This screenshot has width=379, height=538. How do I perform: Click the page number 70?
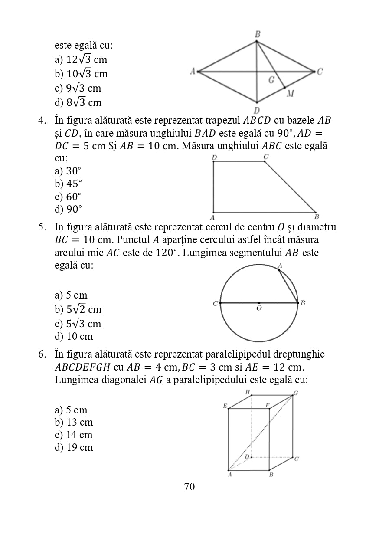[189, 487]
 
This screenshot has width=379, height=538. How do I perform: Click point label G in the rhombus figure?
[271, 80]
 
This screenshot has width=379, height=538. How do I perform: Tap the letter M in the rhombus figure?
[290, 93]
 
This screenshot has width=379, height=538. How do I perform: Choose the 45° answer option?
[68, 184]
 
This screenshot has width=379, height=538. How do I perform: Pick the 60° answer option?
[68, 197]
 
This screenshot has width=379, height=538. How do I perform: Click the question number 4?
[42, 120]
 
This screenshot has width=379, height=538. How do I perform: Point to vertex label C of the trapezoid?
[266, 156]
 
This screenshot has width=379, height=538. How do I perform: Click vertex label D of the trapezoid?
[214, 157]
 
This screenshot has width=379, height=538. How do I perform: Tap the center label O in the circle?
[259, 308]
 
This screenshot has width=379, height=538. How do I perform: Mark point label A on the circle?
[280, 265]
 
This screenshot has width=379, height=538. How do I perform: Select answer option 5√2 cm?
[78, 309]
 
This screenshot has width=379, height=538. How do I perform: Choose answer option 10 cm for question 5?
[74, 336]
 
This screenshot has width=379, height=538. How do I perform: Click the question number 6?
[42, 354]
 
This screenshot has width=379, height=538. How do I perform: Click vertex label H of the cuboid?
[248, 392]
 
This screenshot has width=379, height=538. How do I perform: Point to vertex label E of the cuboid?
[225, 406]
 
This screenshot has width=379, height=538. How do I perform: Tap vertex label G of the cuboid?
[296, 393]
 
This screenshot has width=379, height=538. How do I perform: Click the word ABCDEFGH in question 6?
[82, 367]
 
